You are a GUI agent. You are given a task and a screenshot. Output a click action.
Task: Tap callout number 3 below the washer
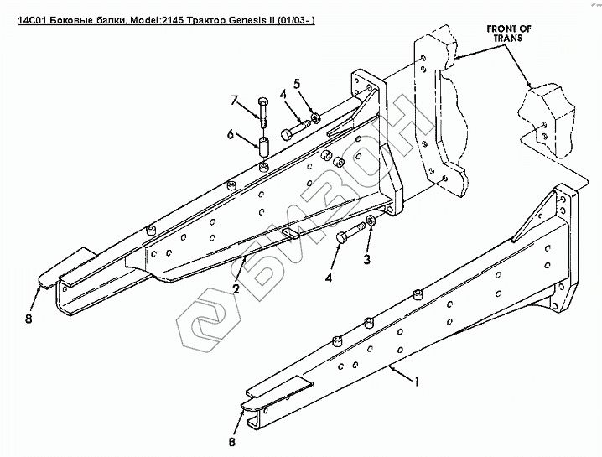point(366,261)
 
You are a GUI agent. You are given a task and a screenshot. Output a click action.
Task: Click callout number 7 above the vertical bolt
point(236,102)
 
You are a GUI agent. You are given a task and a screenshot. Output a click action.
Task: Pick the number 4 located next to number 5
point(283,95)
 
